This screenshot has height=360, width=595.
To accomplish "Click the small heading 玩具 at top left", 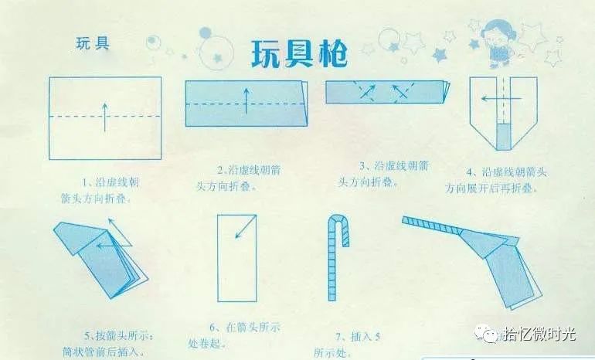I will tap(92, 42).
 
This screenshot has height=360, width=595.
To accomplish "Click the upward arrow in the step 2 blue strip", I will tap(246, 100).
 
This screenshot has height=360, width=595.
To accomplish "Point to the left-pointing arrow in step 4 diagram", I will tap(490, 98).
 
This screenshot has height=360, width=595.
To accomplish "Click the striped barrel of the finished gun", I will tap(437, 227).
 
